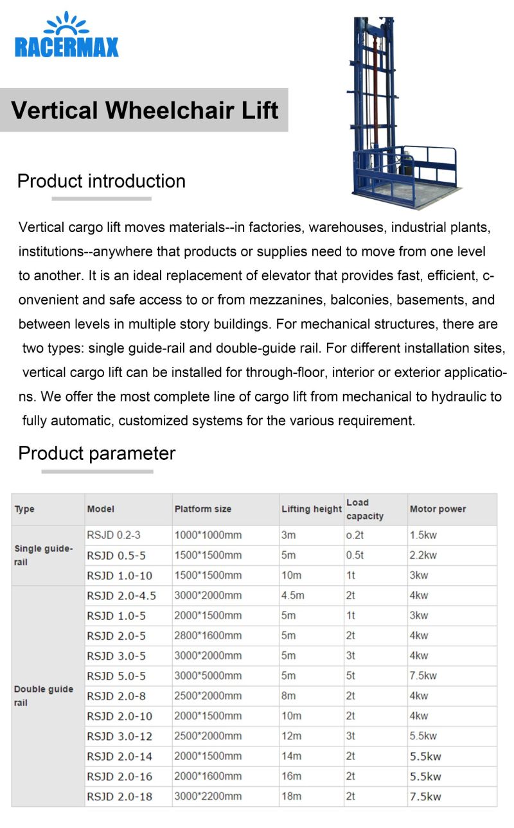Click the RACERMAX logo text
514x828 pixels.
click(67, 47)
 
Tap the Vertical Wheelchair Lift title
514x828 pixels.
click(145, 110)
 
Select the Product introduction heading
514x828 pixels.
click(102, 181)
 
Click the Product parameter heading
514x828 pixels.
click(96, 454)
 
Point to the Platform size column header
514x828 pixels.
click(203, 509)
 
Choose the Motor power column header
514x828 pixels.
click(438, 509)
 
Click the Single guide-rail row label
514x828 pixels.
click(44, 556)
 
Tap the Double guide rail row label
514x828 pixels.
click(44, 696)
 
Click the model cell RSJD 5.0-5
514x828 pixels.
click(116, 676)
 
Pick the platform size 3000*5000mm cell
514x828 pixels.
click(208, 676)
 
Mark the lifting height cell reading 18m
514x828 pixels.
click(291, 797)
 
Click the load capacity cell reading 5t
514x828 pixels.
click(350, 676)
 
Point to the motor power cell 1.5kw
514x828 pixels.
click(423, 535)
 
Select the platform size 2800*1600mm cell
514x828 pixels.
click(208, 636)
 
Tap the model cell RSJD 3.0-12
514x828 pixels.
click(120, 736)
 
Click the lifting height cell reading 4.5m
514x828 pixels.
click(293, 595)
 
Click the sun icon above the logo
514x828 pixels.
click(67, 23)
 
